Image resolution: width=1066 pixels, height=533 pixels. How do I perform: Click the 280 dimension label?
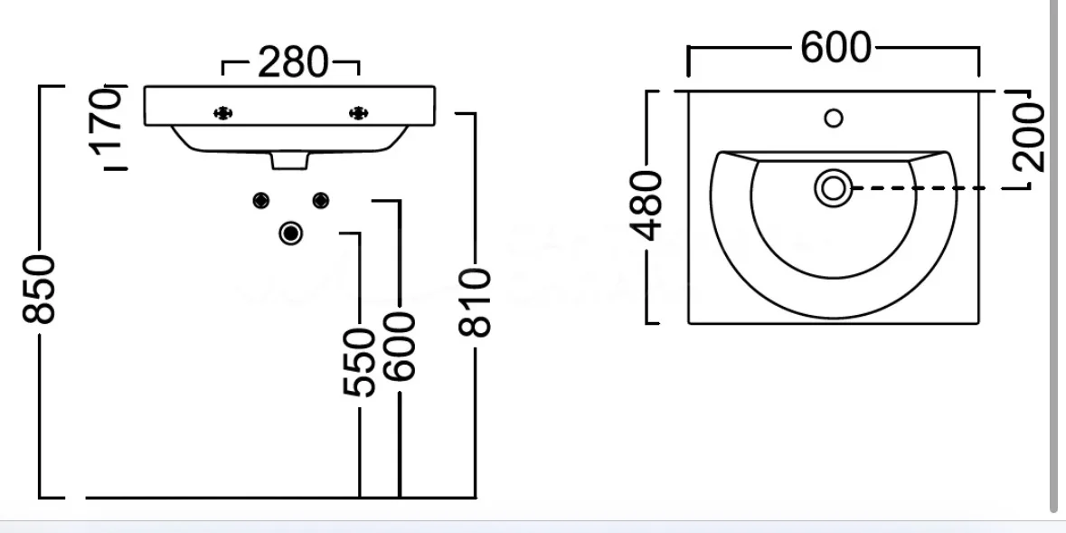(x=293, y=63)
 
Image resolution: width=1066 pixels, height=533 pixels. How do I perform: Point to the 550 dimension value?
(x=358, y=362)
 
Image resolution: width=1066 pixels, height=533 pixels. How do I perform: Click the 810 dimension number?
(x=475, y=302)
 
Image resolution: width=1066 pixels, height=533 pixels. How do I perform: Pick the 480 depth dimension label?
(x=646, y=205)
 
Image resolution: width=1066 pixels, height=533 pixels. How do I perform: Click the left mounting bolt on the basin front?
(x=223, y=113)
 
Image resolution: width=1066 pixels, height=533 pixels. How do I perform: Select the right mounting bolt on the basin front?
(x=358, y=113)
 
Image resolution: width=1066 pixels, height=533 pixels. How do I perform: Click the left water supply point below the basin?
(x=261, y=200)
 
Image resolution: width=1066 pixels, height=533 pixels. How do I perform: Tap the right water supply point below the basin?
(x=321, y=200)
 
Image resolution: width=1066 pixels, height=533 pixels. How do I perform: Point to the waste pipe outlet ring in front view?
(x=291, y=233)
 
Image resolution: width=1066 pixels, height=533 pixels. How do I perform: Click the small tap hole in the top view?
(x=834, y=118)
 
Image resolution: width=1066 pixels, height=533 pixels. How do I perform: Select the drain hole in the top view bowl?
(x=834, y=188)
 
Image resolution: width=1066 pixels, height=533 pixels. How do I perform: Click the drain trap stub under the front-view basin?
(x=289, y=161)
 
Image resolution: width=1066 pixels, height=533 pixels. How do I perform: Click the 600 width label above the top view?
(x=835, y=48)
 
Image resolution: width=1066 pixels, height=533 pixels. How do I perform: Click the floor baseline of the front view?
(x=281, y=498)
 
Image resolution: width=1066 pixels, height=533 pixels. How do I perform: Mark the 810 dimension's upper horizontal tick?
(x=466, y=113)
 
